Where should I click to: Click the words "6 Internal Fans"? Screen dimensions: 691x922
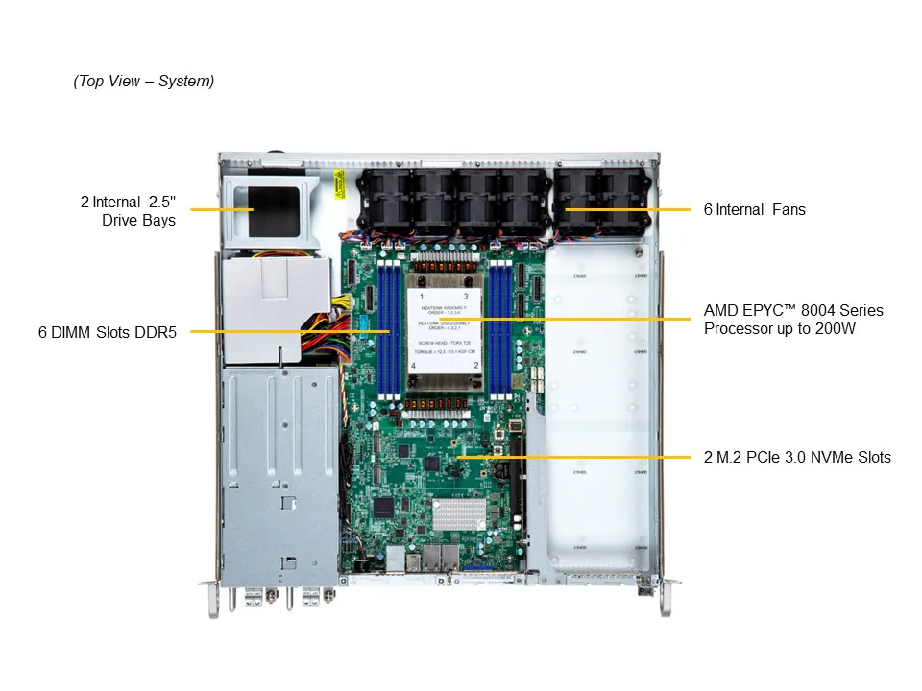(754, 209)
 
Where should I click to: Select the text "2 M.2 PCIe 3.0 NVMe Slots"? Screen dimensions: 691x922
(797, 457)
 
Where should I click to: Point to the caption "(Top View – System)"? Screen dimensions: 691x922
(144, 81)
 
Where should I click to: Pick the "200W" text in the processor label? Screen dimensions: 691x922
(836, 329)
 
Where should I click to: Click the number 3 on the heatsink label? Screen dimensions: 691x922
(465, 298)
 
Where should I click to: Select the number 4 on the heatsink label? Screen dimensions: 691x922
(416, 367)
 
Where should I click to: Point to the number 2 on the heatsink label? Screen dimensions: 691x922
(465, 367)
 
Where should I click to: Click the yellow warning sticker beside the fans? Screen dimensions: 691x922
(340, 183)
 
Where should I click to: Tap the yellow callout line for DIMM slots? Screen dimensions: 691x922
(288, 332)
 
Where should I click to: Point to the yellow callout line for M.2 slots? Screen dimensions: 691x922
(576, 457)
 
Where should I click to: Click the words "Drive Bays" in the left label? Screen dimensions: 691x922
(138, 221)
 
